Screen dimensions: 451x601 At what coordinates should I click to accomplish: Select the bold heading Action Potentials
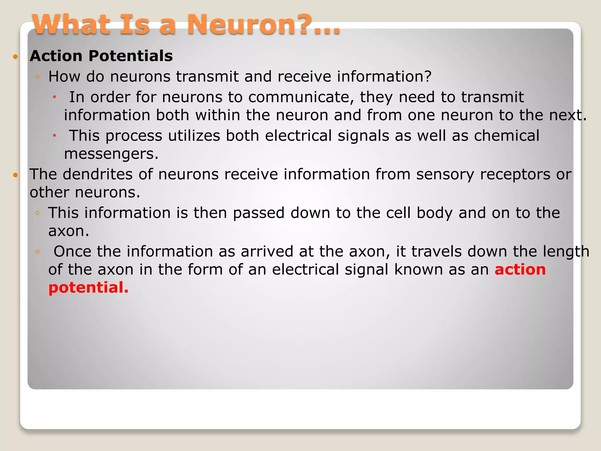click(101, 56)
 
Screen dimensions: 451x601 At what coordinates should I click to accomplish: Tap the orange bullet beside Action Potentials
click(16, 56)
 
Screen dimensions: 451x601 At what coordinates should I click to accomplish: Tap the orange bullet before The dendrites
click(16, 175)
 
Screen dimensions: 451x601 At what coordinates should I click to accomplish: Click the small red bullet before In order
click(54, 97)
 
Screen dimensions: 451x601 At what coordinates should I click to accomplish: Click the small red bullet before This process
click(54, 136)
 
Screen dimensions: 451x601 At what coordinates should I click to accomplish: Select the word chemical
click(507, 136)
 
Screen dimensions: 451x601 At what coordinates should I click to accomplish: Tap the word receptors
click(515, 175)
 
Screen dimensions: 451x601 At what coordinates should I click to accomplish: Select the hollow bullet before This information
click(37, 213)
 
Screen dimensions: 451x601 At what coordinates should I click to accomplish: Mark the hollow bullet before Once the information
click(37, 252)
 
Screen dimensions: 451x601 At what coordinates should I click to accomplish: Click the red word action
click(520, 270)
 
